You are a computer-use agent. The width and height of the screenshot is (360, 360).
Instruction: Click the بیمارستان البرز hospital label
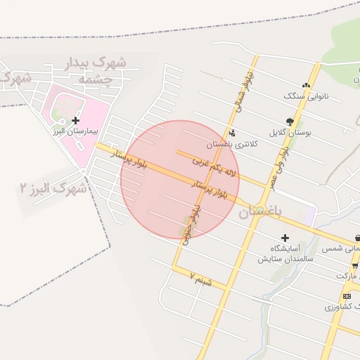tap(77, 131)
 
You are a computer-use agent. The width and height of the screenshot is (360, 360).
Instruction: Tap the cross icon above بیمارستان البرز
tap(76, 121)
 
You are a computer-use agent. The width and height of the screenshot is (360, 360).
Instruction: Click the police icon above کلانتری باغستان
tap(232, 133)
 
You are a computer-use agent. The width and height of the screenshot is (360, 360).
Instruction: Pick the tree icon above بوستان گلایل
tap(290, 122)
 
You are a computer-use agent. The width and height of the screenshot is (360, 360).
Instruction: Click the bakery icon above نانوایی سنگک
tap(306, 84)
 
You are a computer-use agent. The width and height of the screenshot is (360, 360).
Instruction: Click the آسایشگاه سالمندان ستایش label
tap(285, 253)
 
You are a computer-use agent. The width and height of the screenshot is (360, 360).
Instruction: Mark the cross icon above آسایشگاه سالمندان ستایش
tap(285, 238)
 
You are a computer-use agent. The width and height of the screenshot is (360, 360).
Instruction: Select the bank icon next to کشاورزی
tap(347, 296)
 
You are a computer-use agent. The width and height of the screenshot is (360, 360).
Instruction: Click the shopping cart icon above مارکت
tap(355, 266)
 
